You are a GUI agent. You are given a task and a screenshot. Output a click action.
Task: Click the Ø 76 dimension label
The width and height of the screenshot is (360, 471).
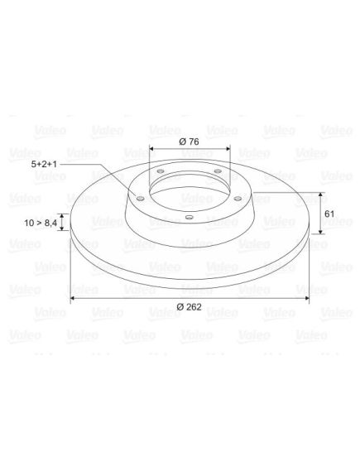point(189,142)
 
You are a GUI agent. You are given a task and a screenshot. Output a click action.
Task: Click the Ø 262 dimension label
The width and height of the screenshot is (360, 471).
point(190,307)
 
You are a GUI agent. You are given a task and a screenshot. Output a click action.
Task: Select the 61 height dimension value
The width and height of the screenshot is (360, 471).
point(329,214)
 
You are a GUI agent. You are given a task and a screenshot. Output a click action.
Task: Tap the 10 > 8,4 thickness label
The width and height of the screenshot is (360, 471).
point(41,223)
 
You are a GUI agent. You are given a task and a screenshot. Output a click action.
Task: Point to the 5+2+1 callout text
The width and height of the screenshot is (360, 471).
point(44,164)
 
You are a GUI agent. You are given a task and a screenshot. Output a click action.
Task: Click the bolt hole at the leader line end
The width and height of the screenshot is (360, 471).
point(140,199)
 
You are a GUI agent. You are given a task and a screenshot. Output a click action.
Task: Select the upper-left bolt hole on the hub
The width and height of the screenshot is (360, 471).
point(161,171)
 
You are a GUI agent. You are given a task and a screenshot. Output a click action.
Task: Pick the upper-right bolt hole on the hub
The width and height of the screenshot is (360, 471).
point(218,171)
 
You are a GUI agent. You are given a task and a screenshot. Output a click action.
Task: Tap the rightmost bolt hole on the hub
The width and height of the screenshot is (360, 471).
point(238,199)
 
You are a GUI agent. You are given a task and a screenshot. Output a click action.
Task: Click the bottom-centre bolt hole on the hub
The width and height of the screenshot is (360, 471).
point(189,217)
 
